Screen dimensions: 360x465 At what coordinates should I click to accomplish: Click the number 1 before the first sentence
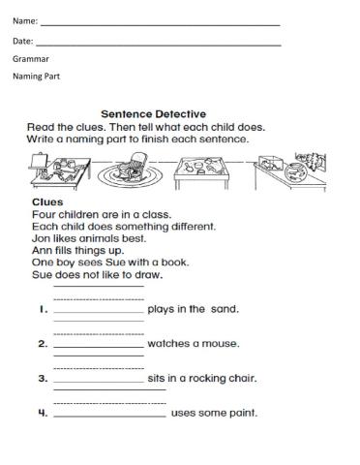point(43,310)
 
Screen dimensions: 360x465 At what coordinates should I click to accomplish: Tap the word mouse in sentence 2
point(224,344)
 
